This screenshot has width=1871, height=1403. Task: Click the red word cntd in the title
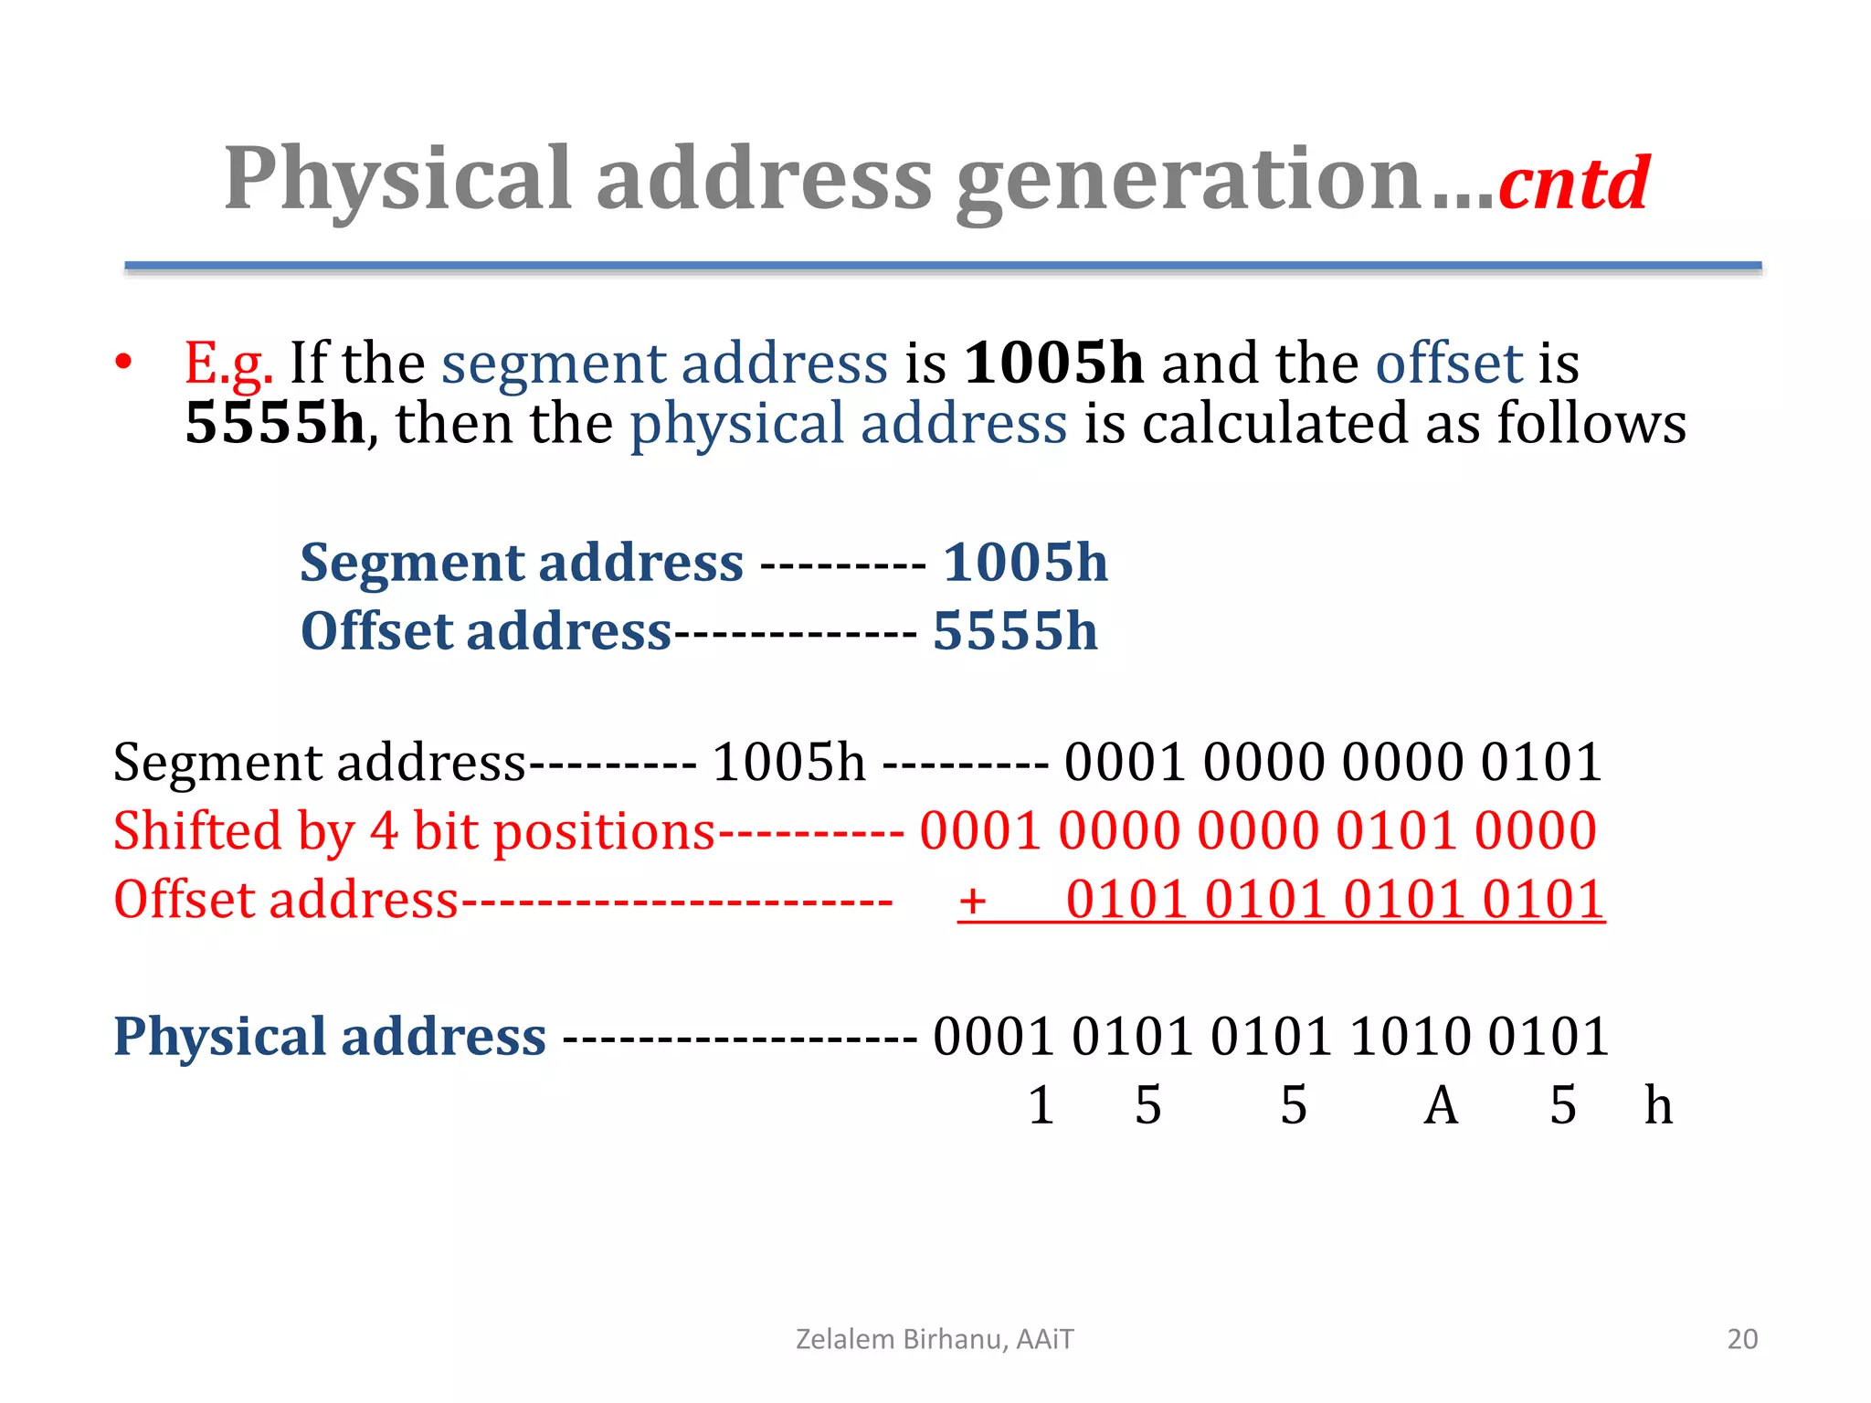(1573, 183)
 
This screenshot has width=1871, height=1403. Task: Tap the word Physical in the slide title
(398, 180)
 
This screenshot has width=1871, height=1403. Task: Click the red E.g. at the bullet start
(228, 364)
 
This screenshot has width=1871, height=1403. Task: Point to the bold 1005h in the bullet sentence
(1054, 363)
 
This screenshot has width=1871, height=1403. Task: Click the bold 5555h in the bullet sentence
(275, 423)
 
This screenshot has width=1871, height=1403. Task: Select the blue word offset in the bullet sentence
(1449, 363)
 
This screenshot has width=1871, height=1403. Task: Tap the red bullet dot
(124, 362)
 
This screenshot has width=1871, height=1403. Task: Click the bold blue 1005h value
(1025, 562)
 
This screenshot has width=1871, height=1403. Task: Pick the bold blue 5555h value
(1015, 631)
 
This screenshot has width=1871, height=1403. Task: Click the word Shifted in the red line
(197, 831)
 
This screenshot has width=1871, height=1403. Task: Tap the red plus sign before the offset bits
(972, 901)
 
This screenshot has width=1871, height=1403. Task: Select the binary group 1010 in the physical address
(1411, 1037)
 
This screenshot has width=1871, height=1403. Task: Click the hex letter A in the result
(1441, 1105)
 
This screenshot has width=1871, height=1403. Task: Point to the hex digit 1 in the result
(1041, 1105)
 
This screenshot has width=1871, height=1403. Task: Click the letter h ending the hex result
(1658, 1105)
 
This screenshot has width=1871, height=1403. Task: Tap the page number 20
(1742, 1339)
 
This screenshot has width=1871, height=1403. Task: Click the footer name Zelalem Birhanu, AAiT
(935, 1339)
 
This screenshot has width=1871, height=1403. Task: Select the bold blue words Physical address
(330, 1037)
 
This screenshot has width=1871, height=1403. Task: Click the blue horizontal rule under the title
(943, 266)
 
